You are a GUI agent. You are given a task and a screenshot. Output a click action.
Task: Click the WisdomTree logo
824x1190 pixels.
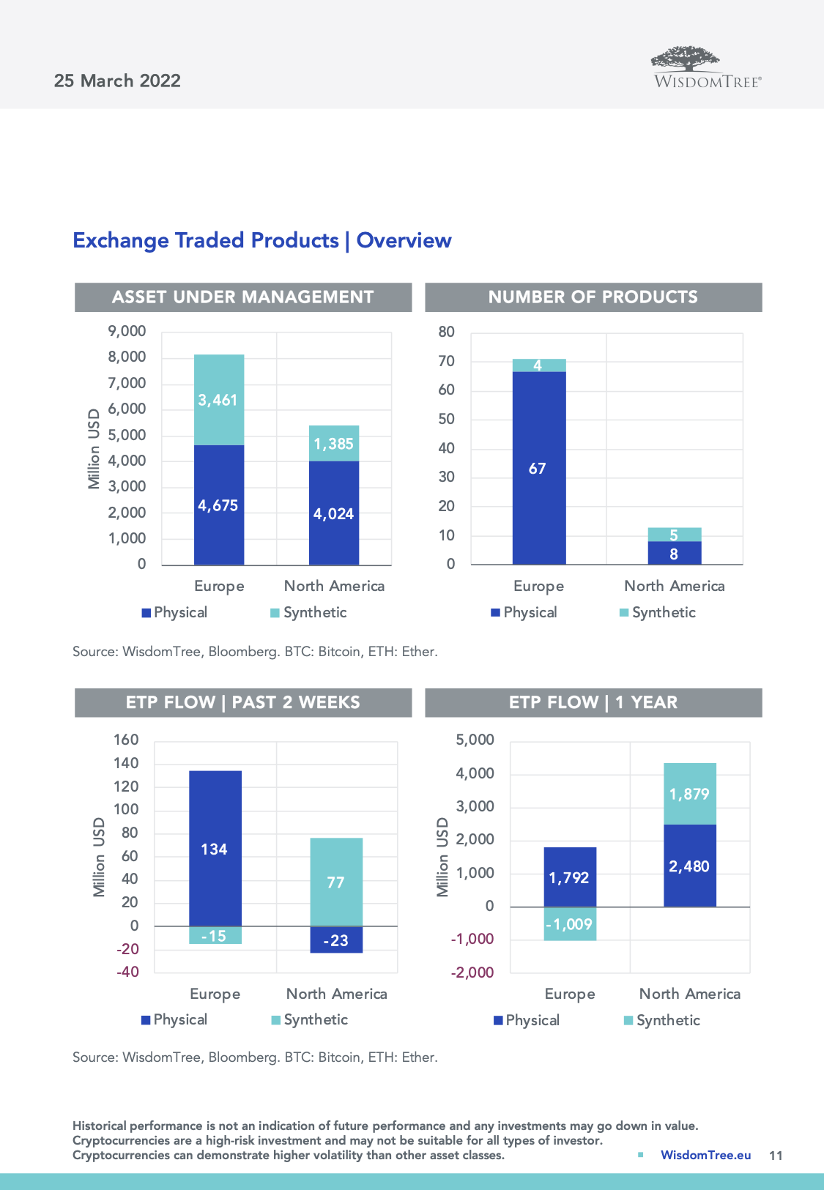[707, 68]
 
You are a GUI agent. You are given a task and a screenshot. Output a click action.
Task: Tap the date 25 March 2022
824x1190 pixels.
[117, 81]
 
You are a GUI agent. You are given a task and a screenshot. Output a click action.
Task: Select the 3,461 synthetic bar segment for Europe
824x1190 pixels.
[218, 400]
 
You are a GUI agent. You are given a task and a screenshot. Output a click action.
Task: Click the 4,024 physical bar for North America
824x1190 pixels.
[334, 513]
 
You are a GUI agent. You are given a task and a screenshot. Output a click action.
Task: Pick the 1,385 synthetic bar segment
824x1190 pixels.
[334, 443]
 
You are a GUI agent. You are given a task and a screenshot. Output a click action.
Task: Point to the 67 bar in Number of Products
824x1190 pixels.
[538, 468]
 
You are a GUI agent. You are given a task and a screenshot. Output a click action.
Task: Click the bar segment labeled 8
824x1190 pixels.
[674, 554]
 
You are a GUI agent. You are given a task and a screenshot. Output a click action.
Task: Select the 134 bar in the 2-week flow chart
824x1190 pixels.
[215, 849]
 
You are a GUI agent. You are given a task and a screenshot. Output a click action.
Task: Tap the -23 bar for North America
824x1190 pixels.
[336, 940]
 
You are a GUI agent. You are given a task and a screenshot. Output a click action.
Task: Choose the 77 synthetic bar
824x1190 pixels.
[336, 882]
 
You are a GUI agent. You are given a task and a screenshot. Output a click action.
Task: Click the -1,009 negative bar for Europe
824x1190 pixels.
[570, 924]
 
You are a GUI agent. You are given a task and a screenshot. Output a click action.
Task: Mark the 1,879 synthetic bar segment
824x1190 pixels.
[689, 794]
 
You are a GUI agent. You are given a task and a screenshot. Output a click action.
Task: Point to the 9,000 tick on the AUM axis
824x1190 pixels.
[127, 331]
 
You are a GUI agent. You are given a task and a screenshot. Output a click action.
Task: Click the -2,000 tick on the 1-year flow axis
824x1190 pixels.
[472, 973]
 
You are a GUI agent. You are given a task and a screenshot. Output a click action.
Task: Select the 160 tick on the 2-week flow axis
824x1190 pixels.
[126, 740]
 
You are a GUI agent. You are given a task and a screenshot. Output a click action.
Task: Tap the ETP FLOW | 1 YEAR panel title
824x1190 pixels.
[593, 702]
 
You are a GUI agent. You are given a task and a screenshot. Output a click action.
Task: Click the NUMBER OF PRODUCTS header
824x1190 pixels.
[593, 297]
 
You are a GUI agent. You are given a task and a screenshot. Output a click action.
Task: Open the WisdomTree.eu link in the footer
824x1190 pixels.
[705, 1155]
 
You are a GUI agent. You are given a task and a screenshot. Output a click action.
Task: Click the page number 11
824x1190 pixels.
[776, 1156]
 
